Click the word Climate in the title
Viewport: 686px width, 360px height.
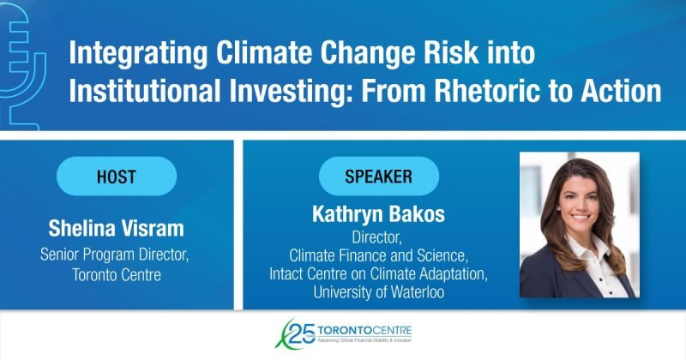tap(264, 52)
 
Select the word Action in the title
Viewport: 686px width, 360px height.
tap(621, 91)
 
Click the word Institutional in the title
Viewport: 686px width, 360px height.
tap(145, 91)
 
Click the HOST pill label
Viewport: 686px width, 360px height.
tap(117, 177)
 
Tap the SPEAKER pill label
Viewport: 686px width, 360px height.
tap(378, 177)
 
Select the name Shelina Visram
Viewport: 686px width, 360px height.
tap(116, 228)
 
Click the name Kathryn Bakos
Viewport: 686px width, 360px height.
tap(378, 214)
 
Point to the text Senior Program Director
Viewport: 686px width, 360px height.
tap(115, 255)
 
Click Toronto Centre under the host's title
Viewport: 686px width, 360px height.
tap(117, 274)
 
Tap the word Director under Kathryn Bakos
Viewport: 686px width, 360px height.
tap(376, 237)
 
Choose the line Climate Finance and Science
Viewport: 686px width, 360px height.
tap(378, 255)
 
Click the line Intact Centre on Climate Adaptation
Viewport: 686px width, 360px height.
tap(378, 273)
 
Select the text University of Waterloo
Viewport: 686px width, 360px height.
tap(378, 291)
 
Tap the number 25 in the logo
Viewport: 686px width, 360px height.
tap(302, 333)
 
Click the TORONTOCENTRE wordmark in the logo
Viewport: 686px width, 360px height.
tap(364, 329)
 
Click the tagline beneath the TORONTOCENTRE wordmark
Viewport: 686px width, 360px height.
tap(364, 340)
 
